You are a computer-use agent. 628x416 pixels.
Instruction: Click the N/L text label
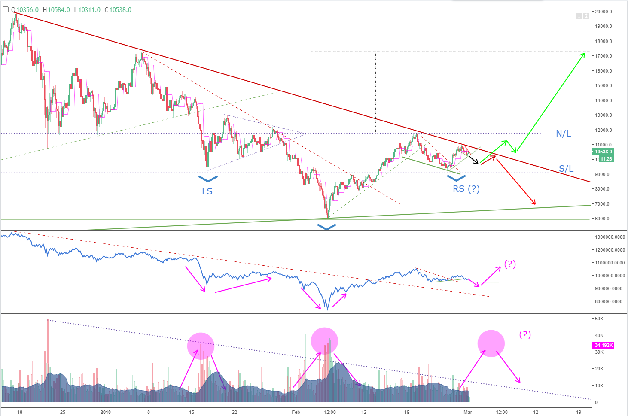tap(563, 134)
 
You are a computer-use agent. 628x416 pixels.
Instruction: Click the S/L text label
tap(566, 169)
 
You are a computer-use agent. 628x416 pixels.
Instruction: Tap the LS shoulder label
tap(207, 191)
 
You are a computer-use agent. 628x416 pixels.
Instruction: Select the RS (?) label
tap(466, 189)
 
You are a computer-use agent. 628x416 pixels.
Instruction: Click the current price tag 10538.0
tap(604, 152)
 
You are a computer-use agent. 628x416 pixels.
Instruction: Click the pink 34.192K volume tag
tap(604, 345)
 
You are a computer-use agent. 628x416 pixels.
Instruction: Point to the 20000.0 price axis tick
tap(603, 12)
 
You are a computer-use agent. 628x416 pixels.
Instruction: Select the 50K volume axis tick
tap(599, 319)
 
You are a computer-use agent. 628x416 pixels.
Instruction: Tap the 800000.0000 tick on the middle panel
tap(608, 301)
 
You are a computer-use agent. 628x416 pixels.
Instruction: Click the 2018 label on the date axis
tap(105, 412)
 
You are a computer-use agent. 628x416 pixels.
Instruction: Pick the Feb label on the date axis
tap(296, 412)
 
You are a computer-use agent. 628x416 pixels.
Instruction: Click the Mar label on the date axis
tap(468, 412)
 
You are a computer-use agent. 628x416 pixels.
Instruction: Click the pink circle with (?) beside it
tap(491, 343)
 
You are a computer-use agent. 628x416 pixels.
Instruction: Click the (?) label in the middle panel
tap(510, 264)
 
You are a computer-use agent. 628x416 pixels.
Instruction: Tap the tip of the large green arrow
tap(584, 54)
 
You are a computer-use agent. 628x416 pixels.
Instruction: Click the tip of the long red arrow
tap(535, 204)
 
